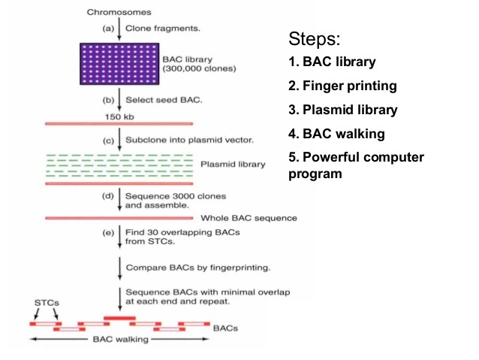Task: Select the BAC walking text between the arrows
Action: tap(121, 339)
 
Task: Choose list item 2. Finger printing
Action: tap(342, 86)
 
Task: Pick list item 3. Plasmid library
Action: tap(343, 110)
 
